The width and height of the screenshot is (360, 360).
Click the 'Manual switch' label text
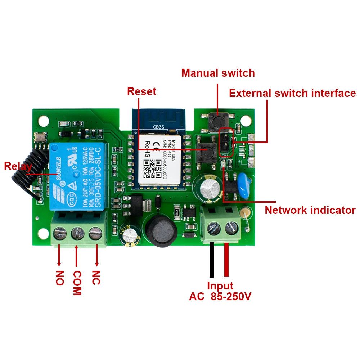218,73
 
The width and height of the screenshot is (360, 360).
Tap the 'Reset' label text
141,91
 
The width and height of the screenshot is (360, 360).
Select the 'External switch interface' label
292,93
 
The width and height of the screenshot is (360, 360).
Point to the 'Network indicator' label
310,210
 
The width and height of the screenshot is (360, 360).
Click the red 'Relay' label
18,166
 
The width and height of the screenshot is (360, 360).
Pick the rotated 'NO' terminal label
60,278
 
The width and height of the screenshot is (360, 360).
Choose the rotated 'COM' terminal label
77,283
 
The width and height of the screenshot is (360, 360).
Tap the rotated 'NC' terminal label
95,277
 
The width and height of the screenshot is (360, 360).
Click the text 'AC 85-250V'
220,297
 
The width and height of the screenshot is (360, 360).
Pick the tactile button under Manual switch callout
217,118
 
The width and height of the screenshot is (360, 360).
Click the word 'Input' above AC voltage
220,286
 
